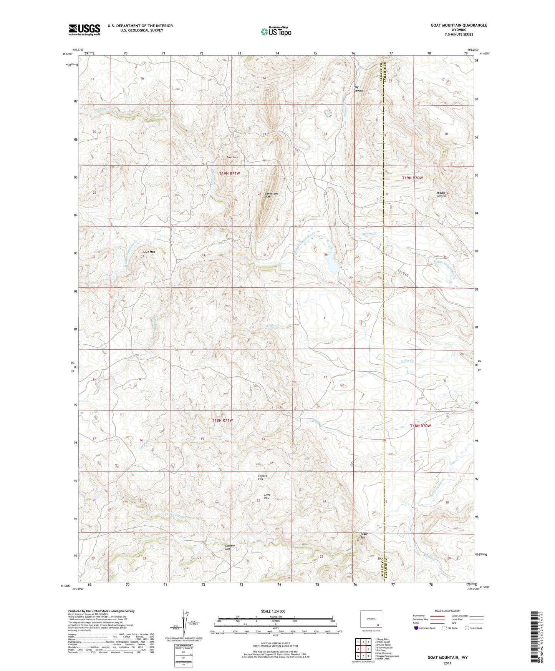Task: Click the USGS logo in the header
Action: pos(84,30)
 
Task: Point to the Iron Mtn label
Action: pos(232,157)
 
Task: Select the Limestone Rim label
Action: pos(271,195)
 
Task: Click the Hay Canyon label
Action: pos(358,89)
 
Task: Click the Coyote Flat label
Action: pos(263,478)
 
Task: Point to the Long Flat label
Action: pos(267,497)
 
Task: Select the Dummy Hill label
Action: pos(230,547)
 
